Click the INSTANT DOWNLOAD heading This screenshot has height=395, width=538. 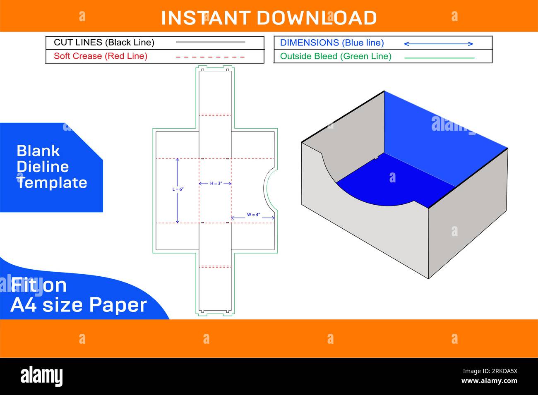[269, 18]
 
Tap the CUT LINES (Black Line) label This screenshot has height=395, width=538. [104, 42]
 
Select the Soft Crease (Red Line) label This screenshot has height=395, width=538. [101, 56]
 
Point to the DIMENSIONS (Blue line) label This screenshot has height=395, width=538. [332, 43]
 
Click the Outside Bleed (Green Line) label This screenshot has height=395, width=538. [336, 56]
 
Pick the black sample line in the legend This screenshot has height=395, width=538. [210, 42]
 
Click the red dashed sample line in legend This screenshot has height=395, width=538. [210, 56]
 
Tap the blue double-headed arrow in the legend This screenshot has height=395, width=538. [438, 43]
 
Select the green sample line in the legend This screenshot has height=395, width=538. [439, 58]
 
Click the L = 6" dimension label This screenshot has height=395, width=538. [178, 189]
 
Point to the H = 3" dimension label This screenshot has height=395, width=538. [216, 183]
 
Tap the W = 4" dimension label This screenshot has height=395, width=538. [253, 215]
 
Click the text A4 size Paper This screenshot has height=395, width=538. [79, 305]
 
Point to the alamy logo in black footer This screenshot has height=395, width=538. [42, 376]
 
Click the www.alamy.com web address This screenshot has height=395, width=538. [489, 381]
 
